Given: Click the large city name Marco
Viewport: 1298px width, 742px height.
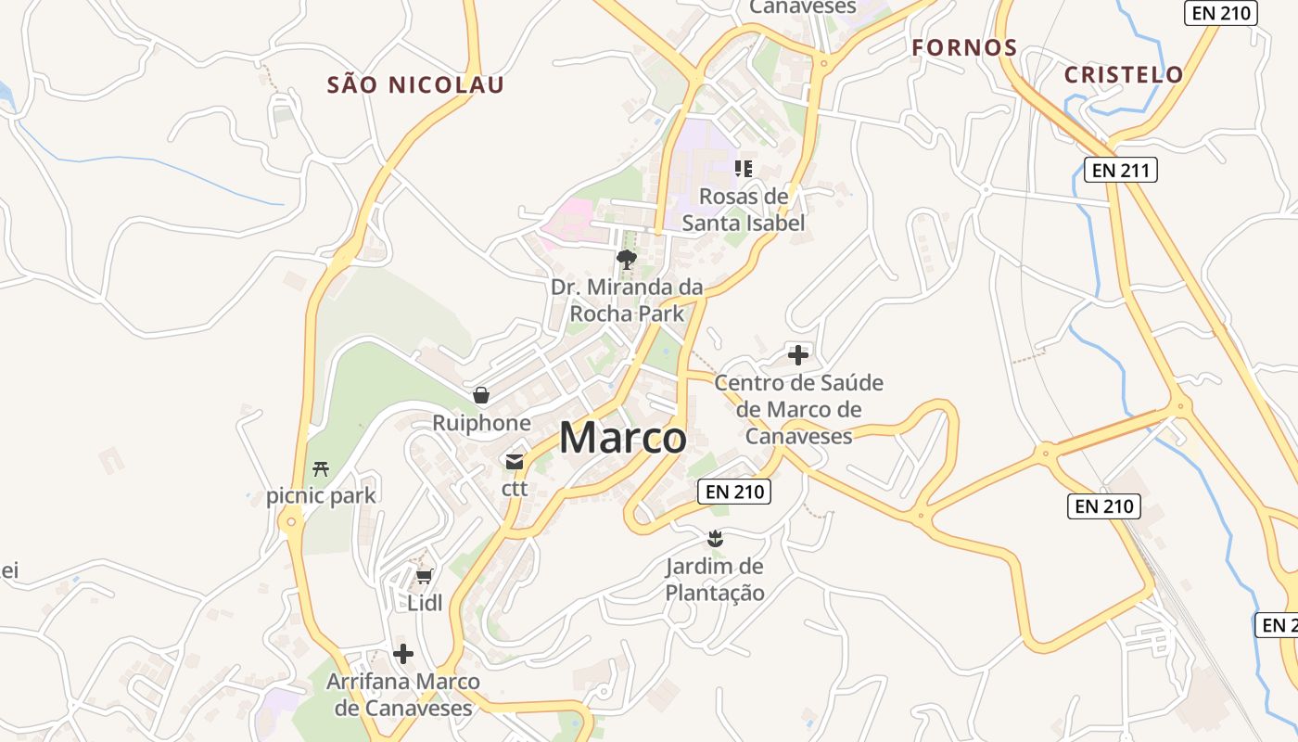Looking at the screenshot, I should pyautogui.click(x=623, y=438).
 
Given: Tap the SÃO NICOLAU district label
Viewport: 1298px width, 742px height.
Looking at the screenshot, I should pyautogui.click(x=416, y=85).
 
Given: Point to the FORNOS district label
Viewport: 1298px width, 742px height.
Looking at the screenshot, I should pyautogui.click(x=964, y=47).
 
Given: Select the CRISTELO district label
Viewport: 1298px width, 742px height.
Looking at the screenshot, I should pyautogui.click(x=1124, y=75).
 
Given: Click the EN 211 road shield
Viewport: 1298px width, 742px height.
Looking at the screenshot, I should pyautogui.click(x=1121, y=170).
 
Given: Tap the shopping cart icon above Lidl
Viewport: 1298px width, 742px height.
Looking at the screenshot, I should pyautogui.click(x=425, y=577).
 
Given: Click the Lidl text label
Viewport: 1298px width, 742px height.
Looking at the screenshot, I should pyautogui.click(x=425, y=603).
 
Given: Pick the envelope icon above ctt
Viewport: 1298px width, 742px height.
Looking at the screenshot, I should pyautogui.click(x=515, y=461).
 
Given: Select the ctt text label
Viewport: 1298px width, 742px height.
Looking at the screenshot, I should pyautogui.click(x=515, y=488).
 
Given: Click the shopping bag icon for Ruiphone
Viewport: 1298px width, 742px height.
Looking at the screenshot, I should pyautogui.click(x=481, y=396).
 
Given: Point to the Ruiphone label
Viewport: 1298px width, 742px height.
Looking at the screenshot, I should pyautogui.click(x=481, y=423).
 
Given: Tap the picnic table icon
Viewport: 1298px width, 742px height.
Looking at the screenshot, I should pyautogui.click(x=321, y=468).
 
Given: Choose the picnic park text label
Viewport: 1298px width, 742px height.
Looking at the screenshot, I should pyautogui.click(x=321, y=495).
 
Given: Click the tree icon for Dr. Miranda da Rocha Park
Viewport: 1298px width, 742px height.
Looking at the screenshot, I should pyautogui.click(x=627, y=259).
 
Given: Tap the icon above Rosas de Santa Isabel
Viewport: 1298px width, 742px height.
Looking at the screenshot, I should pyautogui.click(x=743, y=168).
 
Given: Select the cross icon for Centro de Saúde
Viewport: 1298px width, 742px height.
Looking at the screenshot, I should pyautogui.click(x=798, y=354).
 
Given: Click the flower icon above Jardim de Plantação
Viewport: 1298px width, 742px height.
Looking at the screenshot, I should pyautogui.click(x=715, y=538).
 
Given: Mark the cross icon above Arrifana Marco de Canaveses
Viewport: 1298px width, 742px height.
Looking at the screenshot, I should pyautogui.click(x=403, y=654).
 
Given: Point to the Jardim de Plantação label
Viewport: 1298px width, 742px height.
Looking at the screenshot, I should pyautogui.click(x=715, y=580).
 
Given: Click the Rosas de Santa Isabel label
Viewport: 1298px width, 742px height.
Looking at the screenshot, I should pyautogui.click(x=744, y=210).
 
